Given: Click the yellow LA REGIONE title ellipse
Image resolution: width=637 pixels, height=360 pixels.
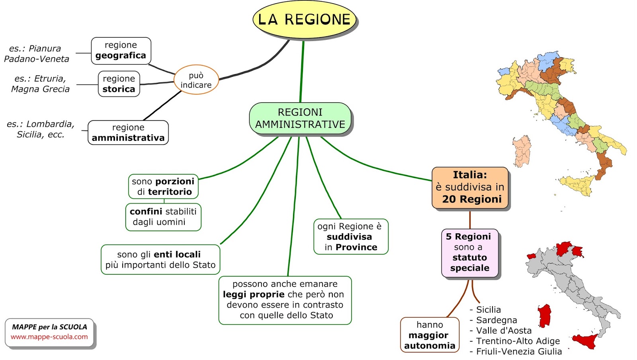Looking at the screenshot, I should pyautogui.click(x=304, y=20).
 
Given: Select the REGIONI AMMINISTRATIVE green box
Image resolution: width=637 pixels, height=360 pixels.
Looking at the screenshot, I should pyautogui.click(x=300, y=119).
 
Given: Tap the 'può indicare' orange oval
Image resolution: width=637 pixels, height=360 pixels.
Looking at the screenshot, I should pyautogui.click(x=196, y=80).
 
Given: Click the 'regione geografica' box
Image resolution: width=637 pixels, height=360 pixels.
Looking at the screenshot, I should pyautogui.click(x=121, y=51).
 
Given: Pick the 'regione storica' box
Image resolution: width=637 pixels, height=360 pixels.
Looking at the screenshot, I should pyautogui.click(x=119, y=84).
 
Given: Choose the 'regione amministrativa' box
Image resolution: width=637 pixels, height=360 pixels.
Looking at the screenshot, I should pyautogui.click(x=128, y=133).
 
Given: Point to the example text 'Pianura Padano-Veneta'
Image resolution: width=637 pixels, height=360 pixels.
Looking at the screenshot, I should pyautogui.click(x=36, y=54).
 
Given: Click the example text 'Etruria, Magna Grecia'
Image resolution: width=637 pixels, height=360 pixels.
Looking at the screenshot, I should pyautogui.click(x=40, y=84).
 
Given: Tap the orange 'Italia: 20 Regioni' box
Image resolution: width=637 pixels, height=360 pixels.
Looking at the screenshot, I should pyautogui.click(x=470, y=188).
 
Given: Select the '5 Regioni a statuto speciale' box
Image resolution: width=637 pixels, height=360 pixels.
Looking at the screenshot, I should pyautogui.click(x=469, y=252).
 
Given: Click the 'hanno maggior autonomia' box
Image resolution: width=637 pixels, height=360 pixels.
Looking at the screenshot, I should pyautogui.click(x=430, y=335).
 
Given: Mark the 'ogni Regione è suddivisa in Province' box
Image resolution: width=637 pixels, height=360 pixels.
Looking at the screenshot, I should pyautogui.click(x=350, y=237).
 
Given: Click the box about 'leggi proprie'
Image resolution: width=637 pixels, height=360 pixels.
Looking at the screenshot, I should pyautogui.click(x=285, y=300).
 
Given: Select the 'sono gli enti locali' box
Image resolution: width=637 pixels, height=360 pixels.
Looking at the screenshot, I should pyautogui.click(x=160, y=260).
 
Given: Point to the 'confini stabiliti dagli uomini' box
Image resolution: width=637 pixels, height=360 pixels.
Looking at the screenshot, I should pyautogui.click(x=163, y=217).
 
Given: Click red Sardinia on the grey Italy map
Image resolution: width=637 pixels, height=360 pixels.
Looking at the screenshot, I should pyautogui.click(x=544, y=316).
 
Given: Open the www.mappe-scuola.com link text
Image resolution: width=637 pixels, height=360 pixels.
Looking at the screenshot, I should pyautogui.click(x=49, y=337).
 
